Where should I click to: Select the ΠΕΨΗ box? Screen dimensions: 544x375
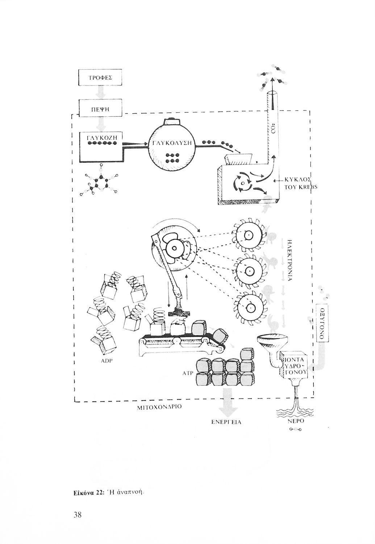[100, 108]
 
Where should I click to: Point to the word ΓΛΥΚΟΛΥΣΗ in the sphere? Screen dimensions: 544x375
[172, 144]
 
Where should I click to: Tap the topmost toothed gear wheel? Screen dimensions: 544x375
[249, 235]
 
